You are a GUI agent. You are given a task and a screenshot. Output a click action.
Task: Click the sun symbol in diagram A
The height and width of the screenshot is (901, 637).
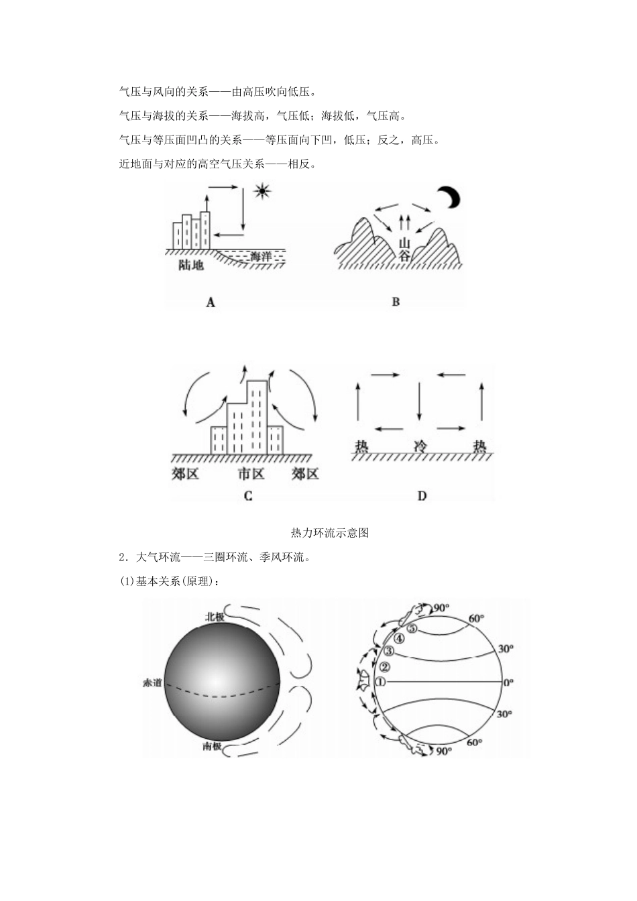tap(263, 192)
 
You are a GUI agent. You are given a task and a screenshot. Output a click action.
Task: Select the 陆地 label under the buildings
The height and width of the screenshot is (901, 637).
tap(191, 265)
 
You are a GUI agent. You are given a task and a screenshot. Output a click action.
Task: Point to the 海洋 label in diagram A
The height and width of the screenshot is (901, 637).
tap(260, 256)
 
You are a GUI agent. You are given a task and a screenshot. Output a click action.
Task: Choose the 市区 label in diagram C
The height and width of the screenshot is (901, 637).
tap(251, 475)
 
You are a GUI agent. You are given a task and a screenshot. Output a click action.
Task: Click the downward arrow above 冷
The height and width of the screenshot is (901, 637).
tap(419, 400)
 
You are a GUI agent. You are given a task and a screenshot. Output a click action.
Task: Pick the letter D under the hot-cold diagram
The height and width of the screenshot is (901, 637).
tap(422, 496)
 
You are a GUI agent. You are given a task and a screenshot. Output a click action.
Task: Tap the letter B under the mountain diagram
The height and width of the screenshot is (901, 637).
tap(396, 302)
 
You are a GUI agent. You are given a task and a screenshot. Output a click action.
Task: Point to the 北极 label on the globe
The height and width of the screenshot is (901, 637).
tap(215, 617)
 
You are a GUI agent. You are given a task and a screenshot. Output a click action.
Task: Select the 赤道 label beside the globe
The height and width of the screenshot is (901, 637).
tap(152, 682)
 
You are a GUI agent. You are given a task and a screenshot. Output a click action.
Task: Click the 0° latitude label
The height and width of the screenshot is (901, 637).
tap(508, 682)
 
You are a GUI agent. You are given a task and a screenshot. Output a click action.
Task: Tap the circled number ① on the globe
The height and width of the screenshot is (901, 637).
tap(380, 682)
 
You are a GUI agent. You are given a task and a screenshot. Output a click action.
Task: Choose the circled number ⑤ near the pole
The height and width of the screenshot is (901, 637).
tap(412, 629)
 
